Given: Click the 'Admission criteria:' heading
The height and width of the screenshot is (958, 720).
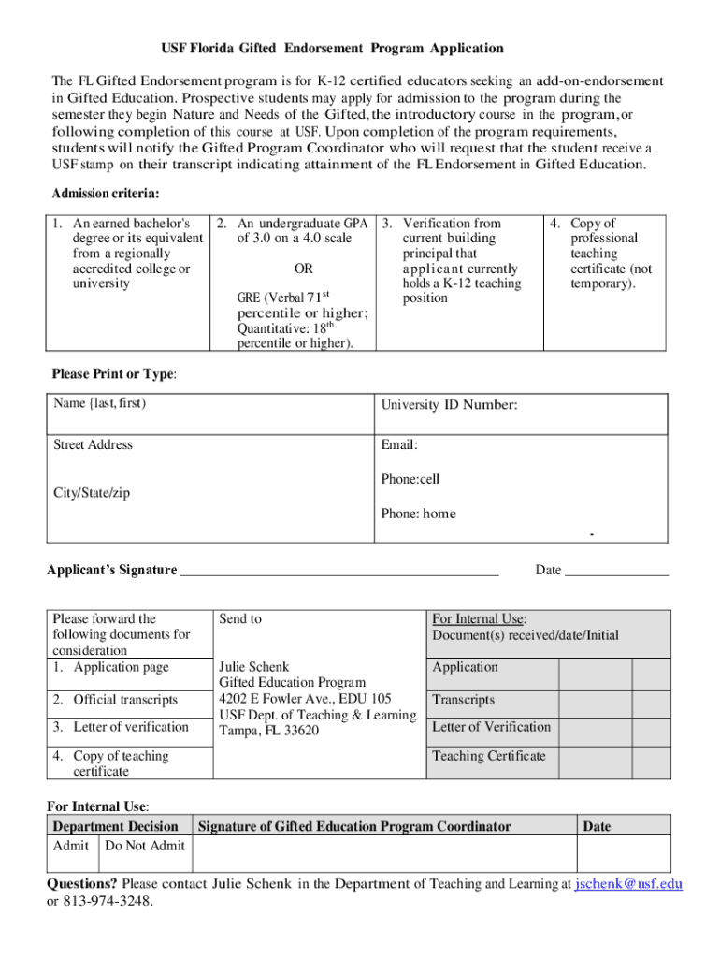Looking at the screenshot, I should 106,194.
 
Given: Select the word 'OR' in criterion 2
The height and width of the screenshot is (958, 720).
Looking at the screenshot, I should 303,269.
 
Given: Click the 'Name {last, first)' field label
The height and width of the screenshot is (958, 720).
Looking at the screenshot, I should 100,403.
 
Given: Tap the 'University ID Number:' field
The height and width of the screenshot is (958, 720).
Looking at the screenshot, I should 449,405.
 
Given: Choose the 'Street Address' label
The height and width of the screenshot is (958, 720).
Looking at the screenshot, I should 93,444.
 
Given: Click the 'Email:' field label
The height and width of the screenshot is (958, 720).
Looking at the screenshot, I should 399,445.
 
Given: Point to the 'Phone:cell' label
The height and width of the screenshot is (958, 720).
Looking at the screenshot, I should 410,479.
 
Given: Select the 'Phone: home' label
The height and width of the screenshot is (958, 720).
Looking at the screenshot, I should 418,513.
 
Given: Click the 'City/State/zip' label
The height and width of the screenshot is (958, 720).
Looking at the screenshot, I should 92,493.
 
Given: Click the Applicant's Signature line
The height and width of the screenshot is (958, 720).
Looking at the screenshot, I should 338,570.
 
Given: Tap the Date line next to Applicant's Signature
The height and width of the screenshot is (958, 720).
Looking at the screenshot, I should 617,570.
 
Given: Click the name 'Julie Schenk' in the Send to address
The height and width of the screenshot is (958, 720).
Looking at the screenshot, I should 254,667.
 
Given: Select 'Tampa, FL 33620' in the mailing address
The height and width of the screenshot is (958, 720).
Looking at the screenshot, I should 269,731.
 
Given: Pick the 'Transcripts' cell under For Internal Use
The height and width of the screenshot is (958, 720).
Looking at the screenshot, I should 464,700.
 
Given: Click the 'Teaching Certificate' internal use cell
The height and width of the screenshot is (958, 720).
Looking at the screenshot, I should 488,756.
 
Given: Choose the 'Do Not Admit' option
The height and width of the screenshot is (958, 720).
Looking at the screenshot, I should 145,846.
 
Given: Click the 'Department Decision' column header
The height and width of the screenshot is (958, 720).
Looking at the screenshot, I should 116,826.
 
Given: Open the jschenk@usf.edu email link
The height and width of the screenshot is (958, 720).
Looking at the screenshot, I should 628,883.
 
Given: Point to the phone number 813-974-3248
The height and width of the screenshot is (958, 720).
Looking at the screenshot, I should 108,901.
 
